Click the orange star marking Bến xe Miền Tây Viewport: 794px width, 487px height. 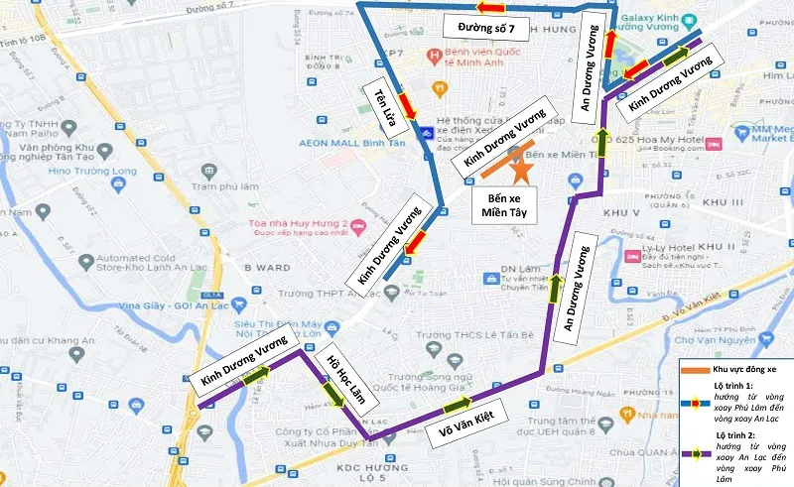click(520, 169)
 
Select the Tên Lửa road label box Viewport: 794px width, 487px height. click(380, 103)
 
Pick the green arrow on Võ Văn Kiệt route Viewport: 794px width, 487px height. click(458, 404)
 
